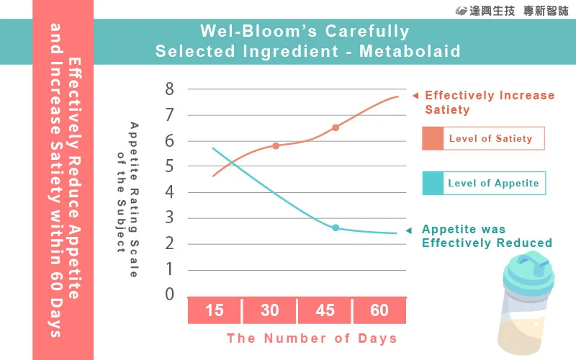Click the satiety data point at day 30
tap(276, 145)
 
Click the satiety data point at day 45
tap(336, 127)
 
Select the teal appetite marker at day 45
tap(336, 228)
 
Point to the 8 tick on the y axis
tap(170, 89)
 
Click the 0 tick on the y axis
tap(170, 294)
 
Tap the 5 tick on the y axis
tap(170, 166)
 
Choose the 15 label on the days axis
tap(215, 311)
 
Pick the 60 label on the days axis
tap(379, 311)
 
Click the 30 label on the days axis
tap(269, 311)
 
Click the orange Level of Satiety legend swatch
tap(432, 138)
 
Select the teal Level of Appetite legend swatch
tap(432, 183)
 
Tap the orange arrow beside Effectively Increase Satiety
tap(415, 96)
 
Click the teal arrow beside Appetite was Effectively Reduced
tap(409, 230)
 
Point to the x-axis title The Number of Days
tap(312, 338)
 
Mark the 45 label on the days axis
tap(325, 311)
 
